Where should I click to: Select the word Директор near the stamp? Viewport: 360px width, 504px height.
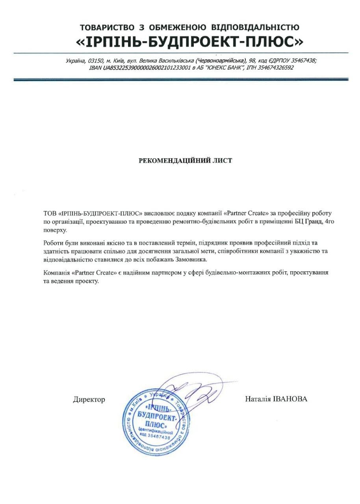89,400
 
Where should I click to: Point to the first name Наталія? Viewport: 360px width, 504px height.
258,399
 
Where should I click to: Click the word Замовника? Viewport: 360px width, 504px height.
199,260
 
